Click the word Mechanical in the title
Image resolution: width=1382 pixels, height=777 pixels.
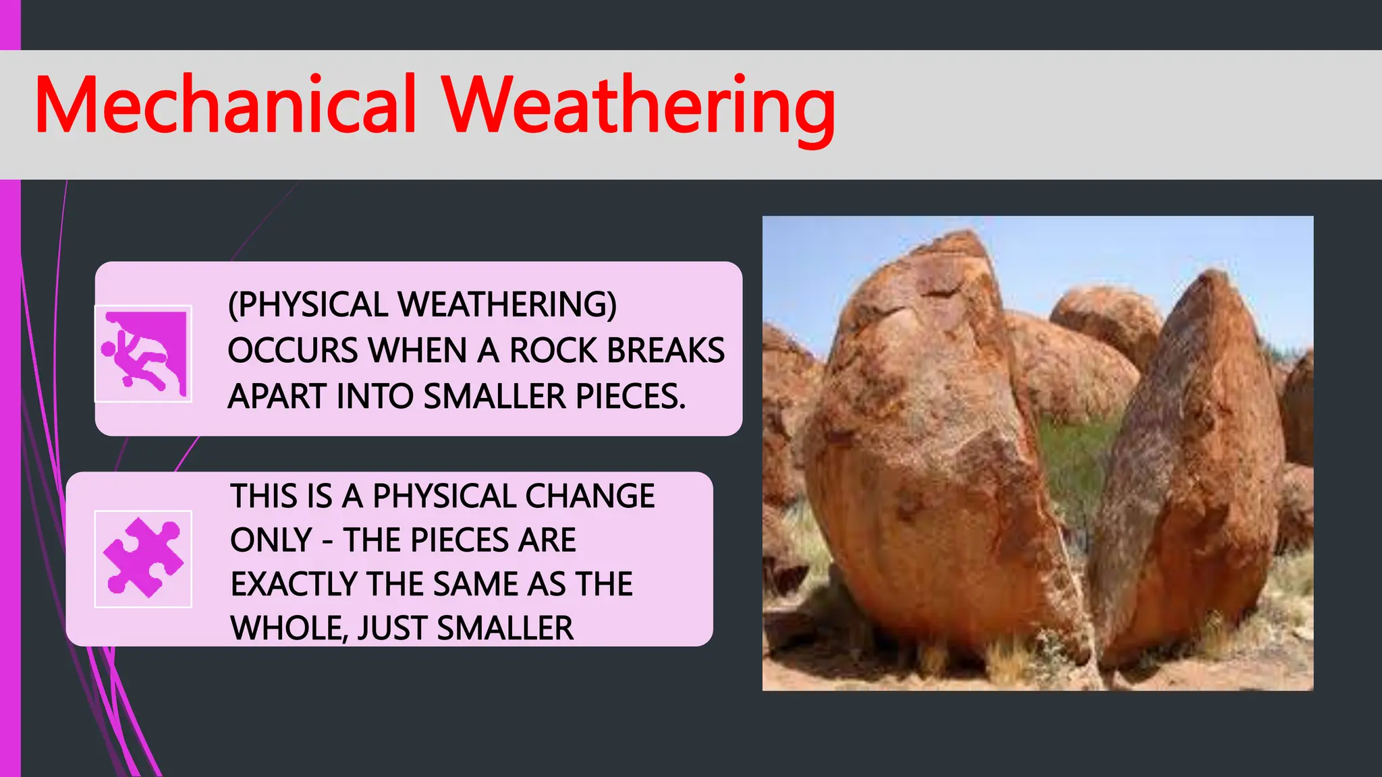point(225,106)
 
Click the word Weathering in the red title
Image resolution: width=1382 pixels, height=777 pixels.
point(638,108)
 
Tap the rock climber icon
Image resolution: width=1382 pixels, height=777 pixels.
point(143,354)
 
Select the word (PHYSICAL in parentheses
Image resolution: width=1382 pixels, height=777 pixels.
point(308,305)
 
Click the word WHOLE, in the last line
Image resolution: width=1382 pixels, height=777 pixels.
point(288,629)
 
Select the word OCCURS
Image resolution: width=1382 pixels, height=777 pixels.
point(293,351)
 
